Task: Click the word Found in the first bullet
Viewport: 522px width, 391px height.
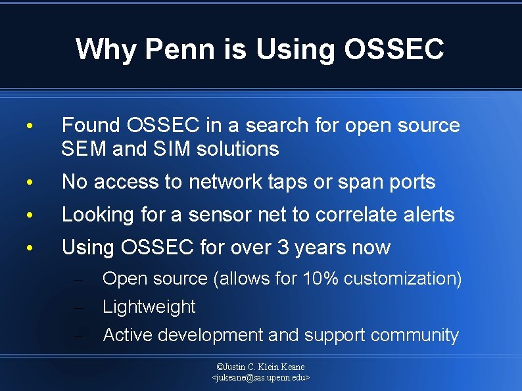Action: (x=90, y=125)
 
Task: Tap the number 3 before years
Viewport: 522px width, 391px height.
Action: (x=281, y=248)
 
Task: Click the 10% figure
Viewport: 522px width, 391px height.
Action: (x=320, y=279)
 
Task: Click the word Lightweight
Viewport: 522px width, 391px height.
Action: (x=149, y=307)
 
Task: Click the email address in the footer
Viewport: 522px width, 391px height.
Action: (x=261, y=378)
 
